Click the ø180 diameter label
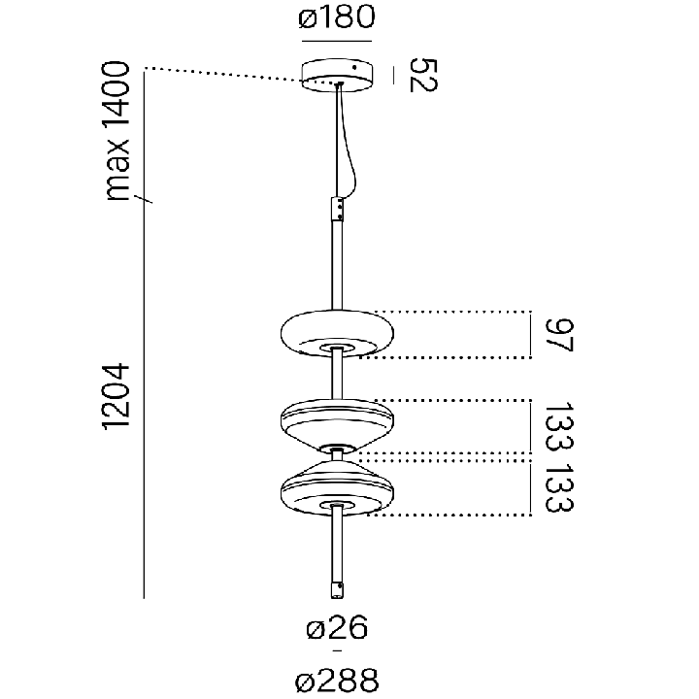(337, 17)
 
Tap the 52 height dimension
(423, 75)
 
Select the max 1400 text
(116, 131)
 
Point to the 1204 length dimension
(116, 396)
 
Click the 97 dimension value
(558, 335)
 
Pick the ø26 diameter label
(337, 627)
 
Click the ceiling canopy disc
(338, 76)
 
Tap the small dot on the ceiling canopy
(355, 68)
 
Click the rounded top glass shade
(337, 333)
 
